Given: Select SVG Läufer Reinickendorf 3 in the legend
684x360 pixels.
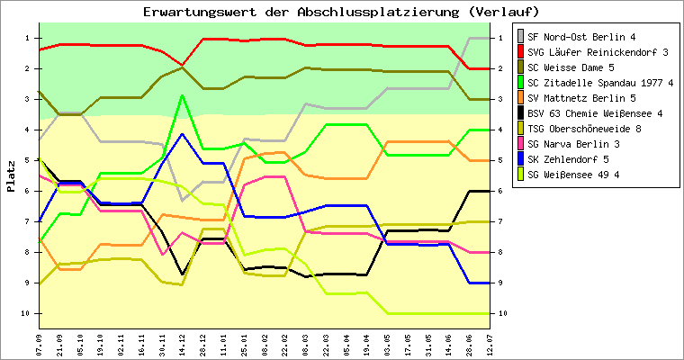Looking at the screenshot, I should pyautogui.click(x=598, y=52).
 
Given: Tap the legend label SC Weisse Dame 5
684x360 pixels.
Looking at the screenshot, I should pyautogui.click(x=571, y=67).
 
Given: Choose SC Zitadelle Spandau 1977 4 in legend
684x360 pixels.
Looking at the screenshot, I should pyautogui.click(x=600, y=83).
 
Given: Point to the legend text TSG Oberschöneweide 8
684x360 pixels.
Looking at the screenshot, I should pyautogui.click(x=584, y=129).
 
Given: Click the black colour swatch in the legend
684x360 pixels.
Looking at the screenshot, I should pyautogui.click(x=519, y=113).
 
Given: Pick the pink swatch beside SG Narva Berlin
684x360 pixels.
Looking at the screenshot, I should pyautogui.click(x=519, y=144).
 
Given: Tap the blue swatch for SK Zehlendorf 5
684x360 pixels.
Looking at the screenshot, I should pyautogui.click(x=519, y=159).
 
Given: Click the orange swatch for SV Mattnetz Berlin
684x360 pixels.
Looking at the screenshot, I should pyautogui.click(x=519, y=98).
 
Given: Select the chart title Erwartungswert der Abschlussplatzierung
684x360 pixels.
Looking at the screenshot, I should pyautogui.click(x=341, y=12).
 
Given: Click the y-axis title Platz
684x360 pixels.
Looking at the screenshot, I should pyautogui.click(x=12, y=175).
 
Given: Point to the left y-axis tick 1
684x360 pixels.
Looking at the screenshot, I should pyautogui.click(x=28, y=37).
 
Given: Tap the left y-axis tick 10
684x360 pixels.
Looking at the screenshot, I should pyautogui.click(x=26, y=313).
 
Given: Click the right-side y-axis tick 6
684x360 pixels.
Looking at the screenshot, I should pyautogui.click(x=500, y=191).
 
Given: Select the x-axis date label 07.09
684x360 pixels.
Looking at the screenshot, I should pyautogui.click(x=40, y=345).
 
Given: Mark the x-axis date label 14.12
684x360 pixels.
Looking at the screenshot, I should pyautogui.click(x=183, y=345).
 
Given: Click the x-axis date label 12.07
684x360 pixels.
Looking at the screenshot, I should pyautogui.click(x=490, y=345).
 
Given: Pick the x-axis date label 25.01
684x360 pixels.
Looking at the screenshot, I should pyautogui.click(x=245, y=345).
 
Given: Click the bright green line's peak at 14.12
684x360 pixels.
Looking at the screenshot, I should pyautogui.click(x=183, y=95).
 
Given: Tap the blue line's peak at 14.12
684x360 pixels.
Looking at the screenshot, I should pyautogui.click(x=183, y=134).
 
